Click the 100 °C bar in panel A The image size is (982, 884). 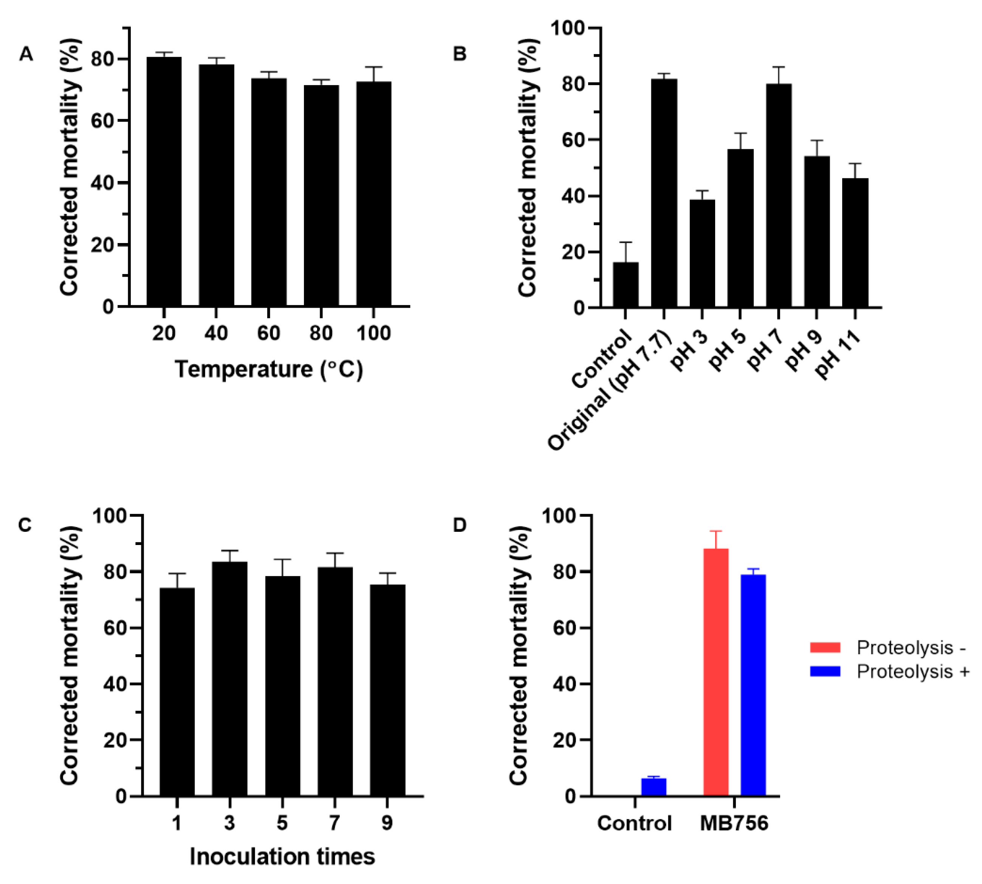coord(373,194)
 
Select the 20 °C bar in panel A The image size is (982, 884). coord(164,182)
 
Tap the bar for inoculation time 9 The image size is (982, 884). coord(387,690)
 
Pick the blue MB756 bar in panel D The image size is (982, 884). coord(753,685)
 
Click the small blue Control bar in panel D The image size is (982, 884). coord(653,786)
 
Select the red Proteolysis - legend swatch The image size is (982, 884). coord(825,647)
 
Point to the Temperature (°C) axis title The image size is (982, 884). coord(269,370)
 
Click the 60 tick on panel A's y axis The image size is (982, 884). coord(102,121)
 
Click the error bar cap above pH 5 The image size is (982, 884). coord(740,133)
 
